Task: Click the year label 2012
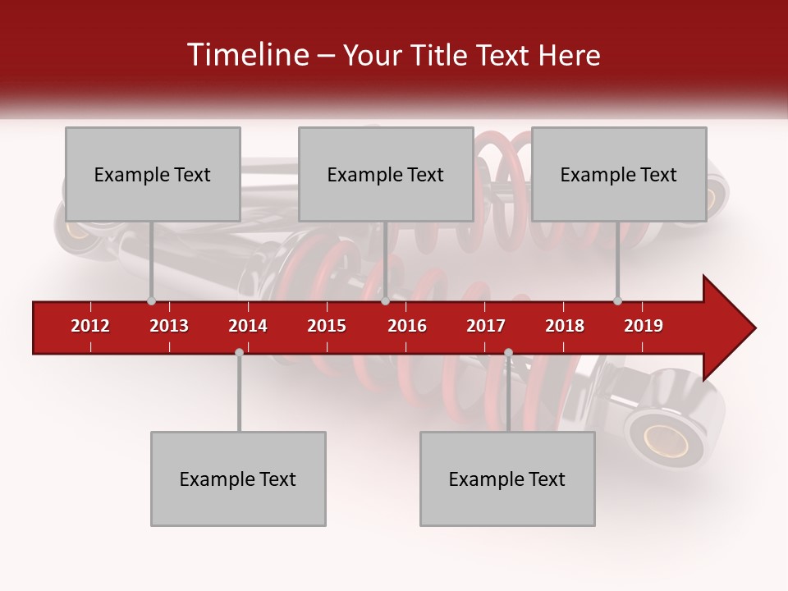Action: coord(90,326)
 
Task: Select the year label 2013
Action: coord(169,326)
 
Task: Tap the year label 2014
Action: coord(248,326)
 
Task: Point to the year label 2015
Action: coord(327,326)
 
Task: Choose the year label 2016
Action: coord(407,326)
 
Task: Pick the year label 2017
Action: coord(486,326)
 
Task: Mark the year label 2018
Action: coord(565,326)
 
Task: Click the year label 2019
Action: coord(644,326)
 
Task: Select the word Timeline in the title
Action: coord(245,55)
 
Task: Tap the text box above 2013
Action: coord(153,174)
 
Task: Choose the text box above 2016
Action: coord(386,174)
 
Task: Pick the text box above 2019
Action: coord(619,174)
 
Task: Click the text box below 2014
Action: coord(238,479)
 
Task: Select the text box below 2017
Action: coord(507,479)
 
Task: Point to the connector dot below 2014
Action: coord(239,352)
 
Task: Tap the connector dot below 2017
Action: coord(508,352)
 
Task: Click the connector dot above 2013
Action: coord(151,301)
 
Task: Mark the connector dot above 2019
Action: coord(617,301)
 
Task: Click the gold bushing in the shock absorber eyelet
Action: coord(666,441)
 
